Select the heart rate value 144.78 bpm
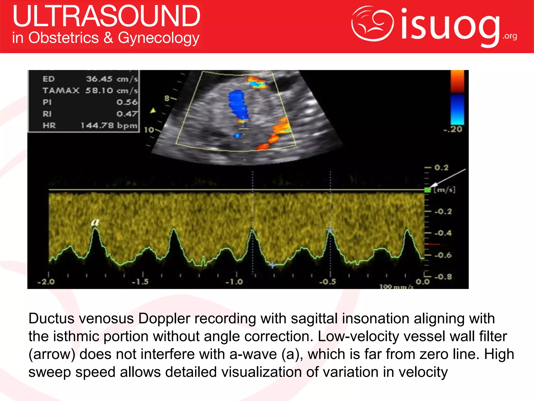[x=109, y=126]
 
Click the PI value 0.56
[x=127, y=102]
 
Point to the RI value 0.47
[x=127, y=114]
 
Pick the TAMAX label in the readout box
[x=61, y=91]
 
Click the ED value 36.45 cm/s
[x=112, y=79]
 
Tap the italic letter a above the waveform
[x=95, y=222]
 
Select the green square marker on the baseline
[x=428, y=190]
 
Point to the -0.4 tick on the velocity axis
[x=443, y=233]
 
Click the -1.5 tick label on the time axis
[x=140, y=282]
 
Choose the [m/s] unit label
[x=445, y=190]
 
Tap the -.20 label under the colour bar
[x=453, y=129]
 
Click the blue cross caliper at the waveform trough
[x=272, y=265]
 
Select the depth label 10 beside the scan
[x=149, y=130]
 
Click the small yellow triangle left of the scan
[x=153, y=111]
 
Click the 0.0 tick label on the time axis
[x=422, y=282]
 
